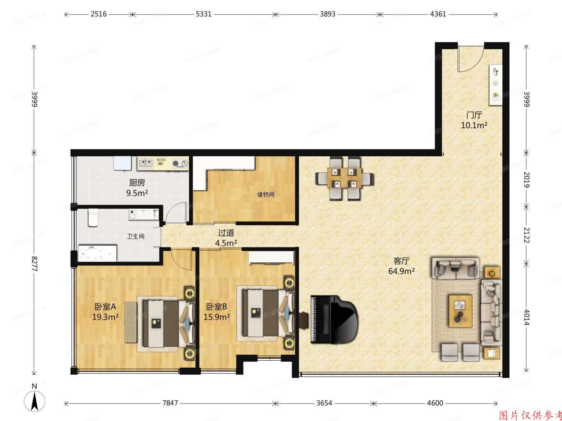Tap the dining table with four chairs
pos(344,178)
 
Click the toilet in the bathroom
pos(93,218)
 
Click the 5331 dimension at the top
pos(203,14)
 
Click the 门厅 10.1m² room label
pos(474,120)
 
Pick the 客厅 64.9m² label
pos(401,266)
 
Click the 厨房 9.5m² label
pos(137,188)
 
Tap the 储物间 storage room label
pos(265,194)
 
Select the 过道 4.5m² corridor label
pos(226,238)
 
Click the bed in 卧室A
pos(166,323)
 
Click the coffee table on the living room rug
pos(460,311)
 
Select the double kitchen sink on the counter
pos(145,163)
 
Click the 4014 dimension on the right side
pos(526,317)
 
